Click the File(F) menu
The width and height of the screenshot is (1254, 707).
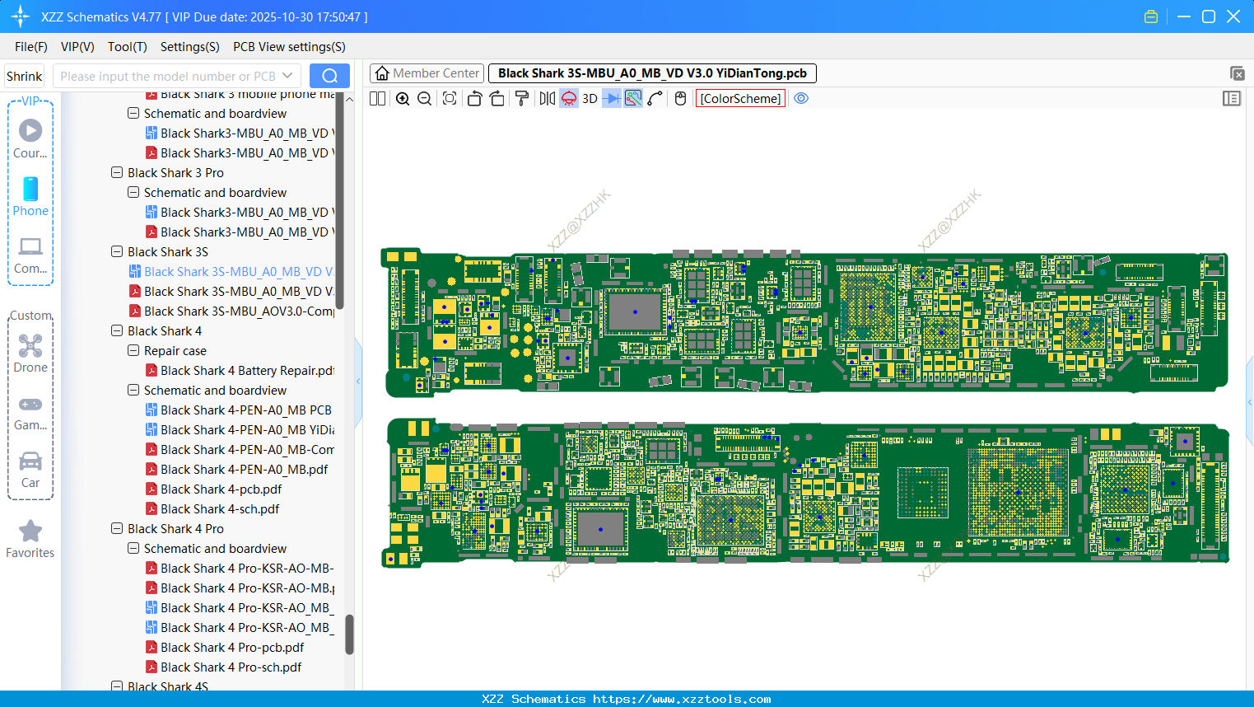(30, 47)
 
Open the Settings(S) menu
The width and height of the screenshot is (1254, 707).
(189, 47)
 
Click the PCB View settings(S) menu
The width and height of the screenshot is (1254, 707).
(289, 47)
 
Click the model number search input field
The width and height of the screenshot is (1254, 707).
(168, 76)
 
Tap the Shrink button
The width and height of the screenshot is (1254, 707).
(24, 76)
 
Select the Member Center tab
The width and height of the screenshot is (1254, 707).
(427, 73)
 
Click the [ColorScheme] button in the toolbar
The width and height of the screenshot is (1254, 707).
(740, 99)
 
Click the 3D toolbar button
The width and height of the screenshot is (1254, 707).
(590, 99)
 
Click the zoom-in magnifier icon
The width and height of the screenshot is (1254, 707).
(403, 99)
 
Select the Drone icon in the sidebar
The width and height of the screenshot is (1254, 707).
(30, 353)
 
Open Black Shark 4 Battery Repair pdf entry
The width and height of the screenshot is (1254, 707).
(247, 371)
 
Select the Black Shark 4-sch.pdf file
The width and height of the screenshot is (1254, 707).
(220, 509)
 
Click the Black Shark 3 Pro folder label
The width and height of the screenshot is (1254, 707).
(175, 173)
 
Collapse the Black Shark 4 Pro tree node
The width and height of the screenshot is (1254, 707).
(117, 529)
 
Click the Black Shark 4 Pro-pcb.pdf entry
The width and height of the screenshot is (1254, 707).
(232, 648)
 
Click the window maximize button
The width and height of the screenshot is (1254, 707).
(1209, 16)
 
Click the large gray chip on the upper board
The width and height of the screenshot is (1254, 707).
(635, 312)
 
